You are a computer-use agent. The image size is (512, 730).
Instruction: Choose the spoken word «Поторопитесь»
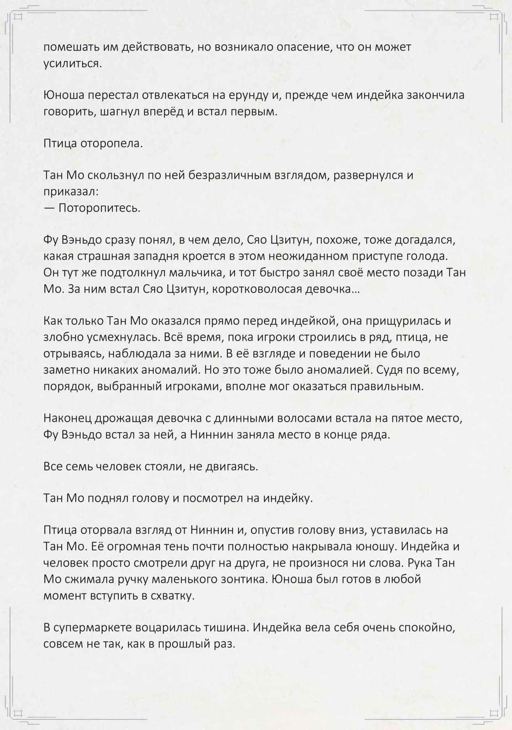tap(99, 208)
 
